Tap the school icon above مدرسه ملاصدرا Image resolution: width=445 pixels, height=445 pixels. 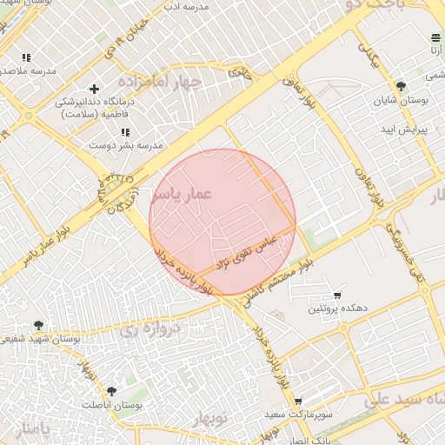click(26, 57)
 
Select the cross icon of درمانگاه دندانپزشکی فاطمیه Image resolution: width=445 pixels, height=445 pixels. click(95, 89)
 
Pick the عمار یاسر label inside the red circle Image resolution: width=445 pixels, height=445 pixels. click(181, 195)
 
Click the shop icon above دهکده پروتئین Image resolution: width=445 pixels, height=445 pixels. click(337, 296)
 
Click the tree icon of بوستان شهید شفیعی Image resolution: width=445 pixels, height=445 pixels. click(38, 325)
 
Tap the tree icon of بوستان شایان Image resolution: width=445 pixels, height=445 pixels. click(401, 86)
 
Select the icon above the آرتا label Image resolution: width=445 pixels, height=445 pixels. click(435, 37)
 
